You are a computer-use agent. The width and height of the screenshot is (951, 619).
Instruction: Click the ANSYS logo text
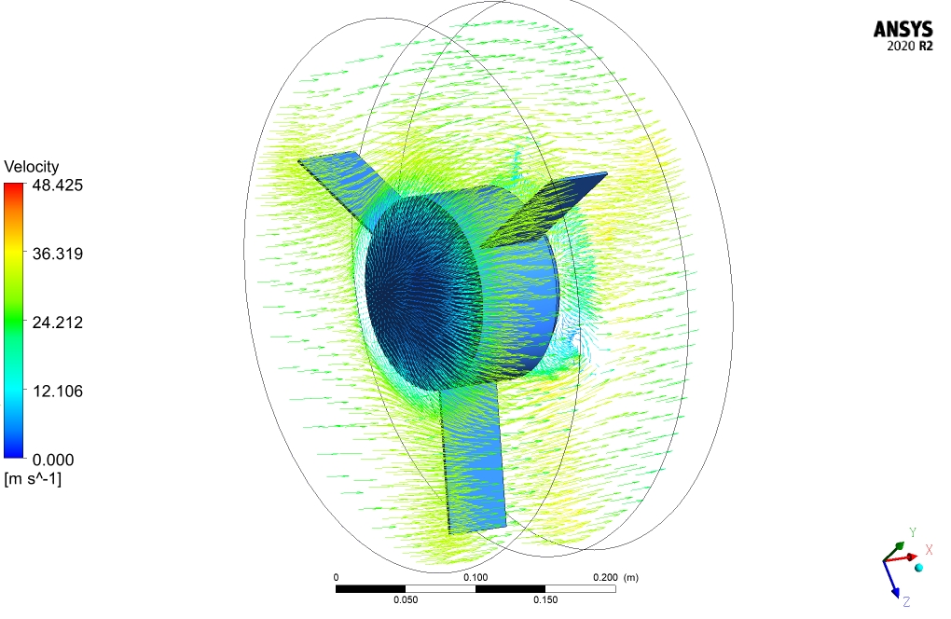[903, 29]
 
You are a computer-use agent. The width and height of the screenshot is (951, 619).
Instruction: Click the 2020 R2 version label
[910, 46]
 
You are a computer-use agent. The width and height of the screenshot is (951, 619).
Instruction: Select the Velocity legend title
[32, 167]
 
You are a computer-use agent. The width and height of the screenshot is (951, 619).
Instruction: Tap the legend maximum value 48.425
[58, 186]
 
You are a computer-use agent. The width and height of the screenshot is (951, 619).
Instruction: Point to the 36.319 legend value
[58, 254]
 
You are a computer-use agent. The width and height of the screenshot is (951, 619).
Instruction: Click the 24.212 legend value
[58, 322]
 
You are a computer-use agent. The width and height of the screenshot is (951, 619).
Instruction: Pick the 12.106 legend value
[58, 391]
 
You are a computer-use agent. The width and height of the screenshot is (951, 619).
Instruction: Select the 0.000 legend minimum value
[53, 460]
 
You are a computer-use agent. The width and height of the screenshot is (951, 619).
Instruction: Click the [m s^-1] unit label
[33, 479]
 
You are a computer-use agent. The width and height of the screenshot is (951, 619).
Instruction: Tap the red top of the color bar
[13, 188]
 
